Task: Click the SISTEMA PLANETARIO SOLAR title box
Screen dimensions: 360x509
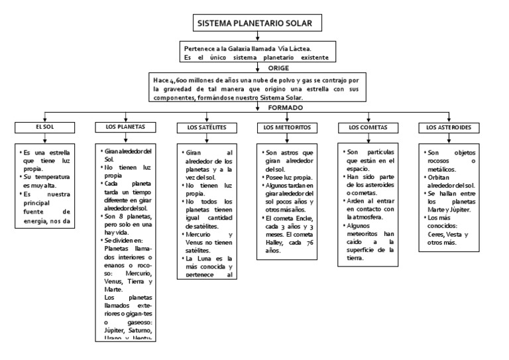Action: [x=258, y=24]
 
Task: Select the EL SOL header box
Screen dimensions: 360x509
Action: [x=44, y=126]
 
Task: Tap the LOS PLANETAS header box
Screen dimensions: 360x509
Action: [x=126, y=126]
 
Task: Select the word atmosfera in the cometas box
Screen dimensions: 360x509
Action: [x=376, y=216]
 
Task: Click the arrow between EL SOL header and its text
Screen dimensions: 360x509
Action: [x=44, y=137]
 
